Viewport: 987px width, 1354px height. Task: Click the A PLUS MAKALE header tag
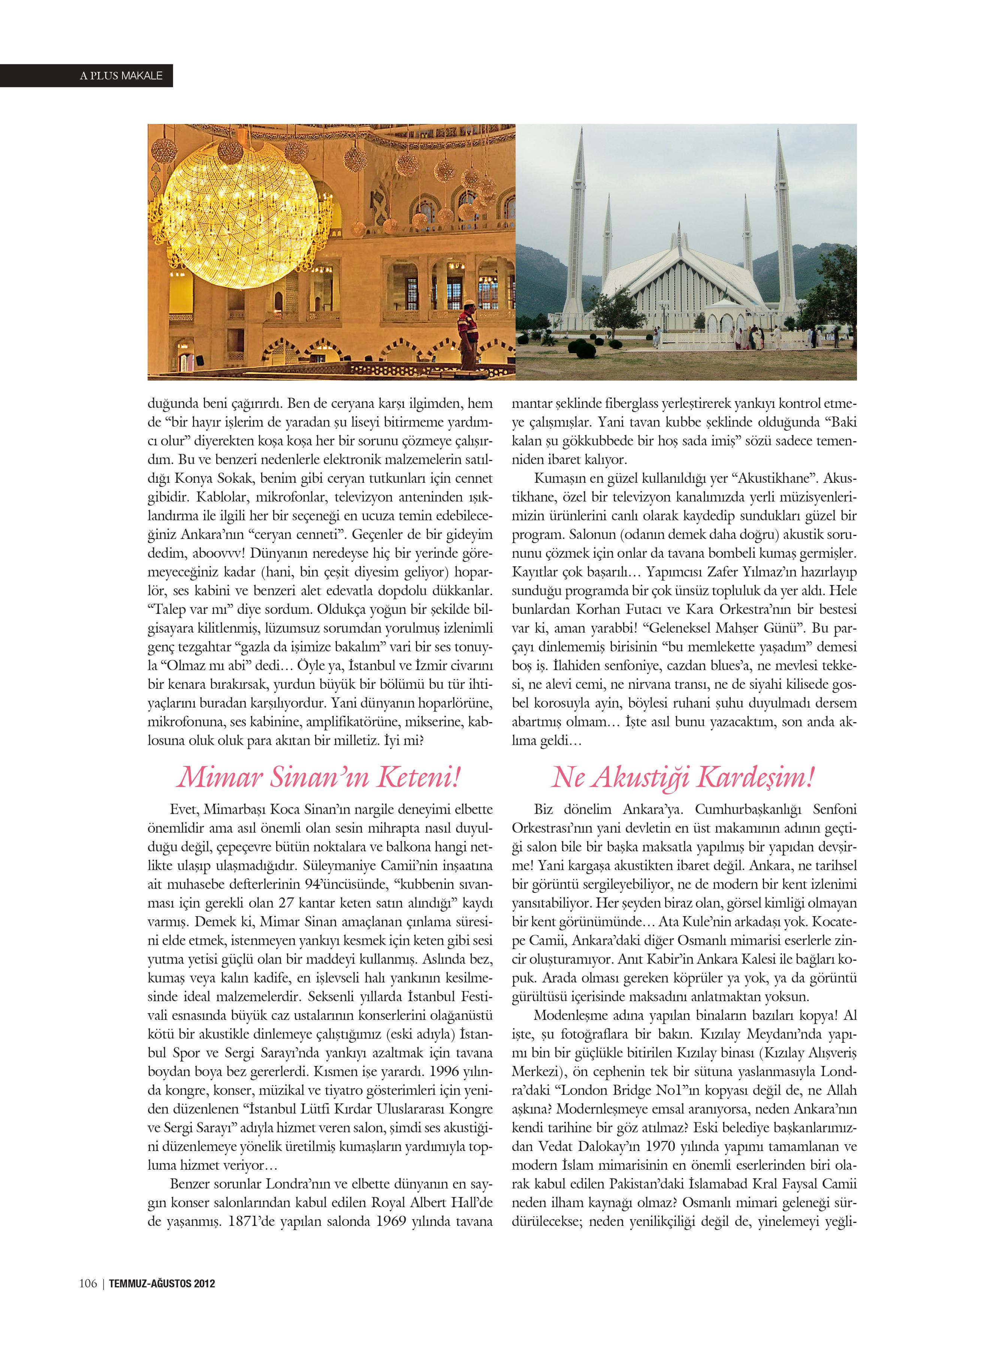click(x=121, y=76)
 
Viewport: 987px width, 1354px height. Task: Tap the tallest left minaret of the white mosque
click(x=578, y=227)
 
